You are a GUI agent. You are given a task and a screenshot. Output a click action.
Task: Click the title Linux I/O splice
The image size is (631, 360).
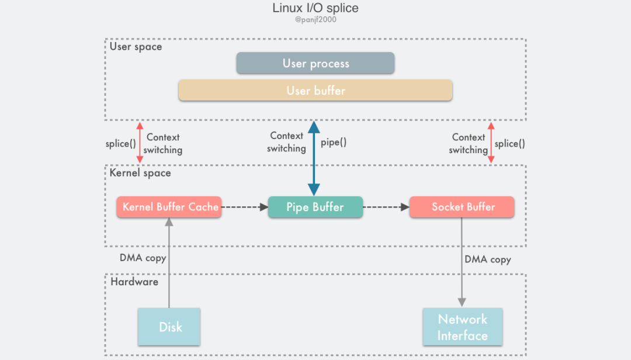[x=315, y=8]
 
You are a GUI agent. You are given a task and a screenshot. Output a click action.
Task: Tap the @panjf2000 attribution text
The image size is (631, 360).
[x=315, y=20]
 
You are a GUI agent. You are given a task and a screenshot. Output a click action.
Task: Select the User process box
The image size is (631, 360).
[x=315, y=63]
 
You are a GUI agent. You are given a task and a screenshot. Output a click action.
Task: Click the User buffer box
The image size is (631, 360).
[x=315, y=91]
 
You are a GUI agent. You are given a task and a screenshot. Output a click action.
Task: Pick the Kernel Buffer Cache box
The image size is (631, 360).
[x=169, y=207]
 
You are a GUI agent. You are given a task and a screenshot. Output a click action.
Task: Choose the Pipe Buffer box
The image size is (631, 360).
[x=315, y=207]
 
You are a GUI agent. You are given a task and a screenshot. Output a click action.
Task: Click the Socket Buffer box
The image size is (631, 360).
[x=462, y=207]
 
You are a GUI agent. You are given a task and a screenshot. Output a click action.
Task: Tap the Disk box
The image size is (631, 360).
[x=169, y=327]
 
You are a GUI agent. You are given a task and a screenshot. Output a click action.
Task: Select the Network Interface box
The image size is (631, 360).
[x=462, y=327]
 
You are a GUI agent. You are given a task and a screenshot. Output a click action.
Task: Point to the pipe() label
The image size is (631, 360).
[x=334, y=142]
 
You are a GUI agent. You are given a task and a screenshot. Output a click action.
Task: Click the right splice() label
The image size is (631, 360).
[x=510, y=144]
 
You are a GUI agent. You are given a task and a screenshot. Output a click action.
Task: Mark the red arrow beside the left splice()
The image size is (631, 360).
[x=139, y=143]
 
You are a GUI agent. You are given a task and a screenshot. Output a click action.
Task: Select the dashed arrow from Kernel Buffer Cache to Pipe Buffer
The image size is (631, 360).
[x=244, y=207]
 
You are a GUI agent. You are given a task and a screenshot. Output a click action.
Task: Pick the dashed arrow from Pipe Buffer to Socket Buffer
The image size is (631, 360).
[x=386, y=207]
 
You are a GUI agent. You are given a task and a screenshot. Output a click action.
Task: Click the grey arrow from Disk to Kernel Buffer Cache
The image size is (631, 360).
[x=169, y=263]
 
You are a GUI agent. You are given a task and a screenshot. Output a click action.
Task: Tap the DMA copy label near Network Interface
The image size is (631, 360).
[x=487, y=259]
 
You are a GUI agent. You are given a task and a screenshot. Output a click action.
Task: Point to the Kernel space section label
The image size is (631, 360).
[x=140, y=173]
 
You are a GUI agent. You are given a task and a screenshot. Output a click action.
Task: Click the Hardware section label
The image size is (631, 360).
[x=134, y=282]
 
